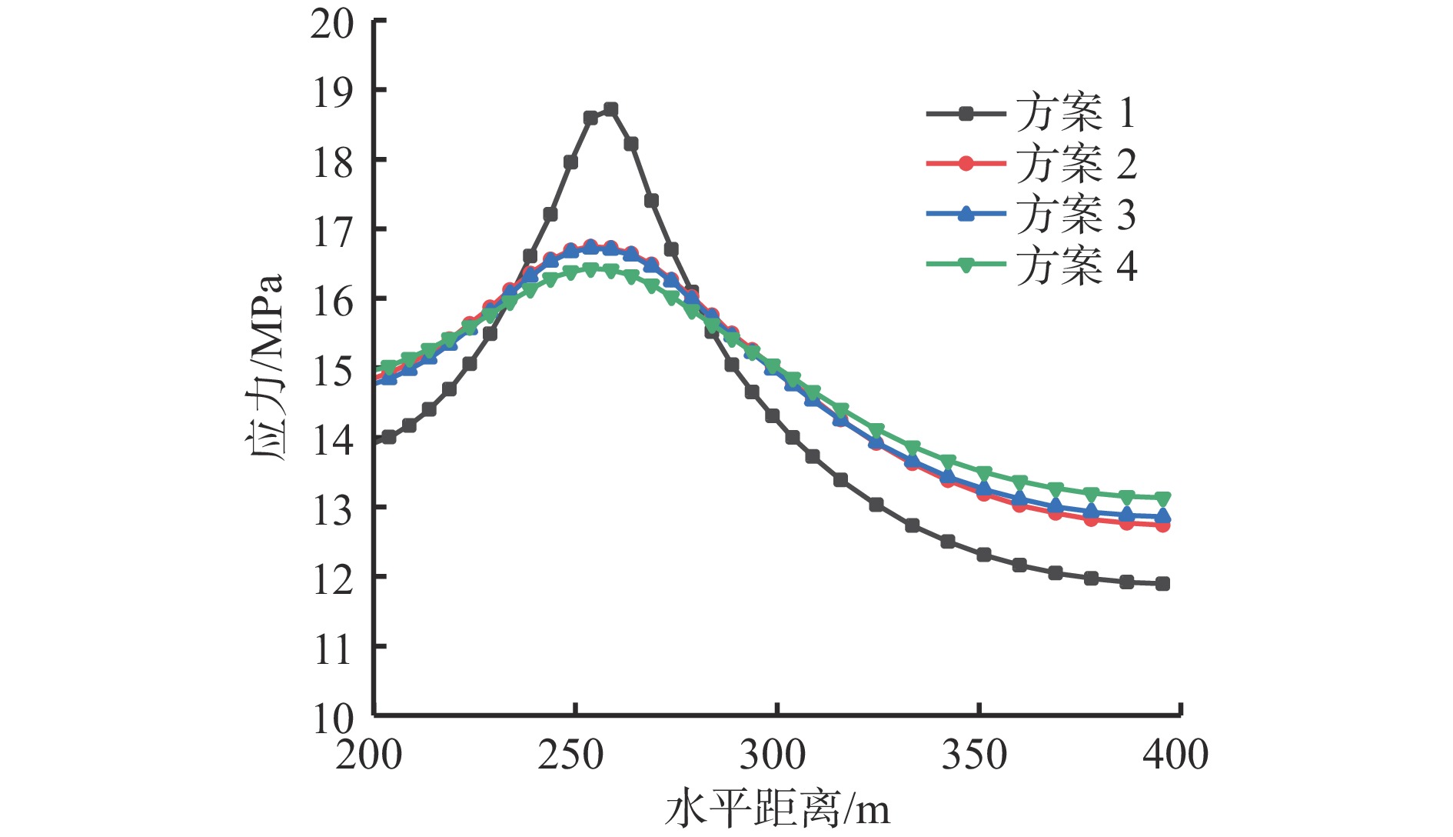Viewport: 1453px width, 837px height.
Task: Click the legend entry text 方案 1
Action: pyautogui.click(x=1076, y=114)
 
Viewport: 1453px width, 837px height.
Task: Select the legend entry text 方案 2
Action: pyautogui.click(x=1076, y=164)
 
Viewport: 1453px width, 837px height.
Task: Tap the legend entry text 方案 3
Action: pyautogui.click(x=1076, y=215)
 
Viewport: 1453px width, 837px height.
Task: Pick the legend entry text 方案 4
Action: pyautogui.click(x=1076, y=266)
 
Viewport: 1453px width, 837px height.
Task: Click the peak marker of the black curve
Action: pyautogui.click(x=610, y=109)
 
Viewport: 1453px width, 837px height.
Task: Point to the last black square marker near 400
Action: pyautogui.click(x=1162, y=584)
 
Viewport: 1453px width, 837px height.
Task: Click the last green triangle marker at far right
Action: pyautogui.click(x=1162, y=499)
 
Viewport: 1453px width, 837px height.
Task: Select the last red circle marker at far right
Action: pyautogui.click(x=1162, y=525)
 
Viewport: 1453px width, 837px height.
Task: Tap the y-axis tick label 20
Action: pyautogui.click(x=332, y=25)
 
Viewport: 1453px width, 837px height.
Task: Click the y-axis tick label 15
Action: pyautogui.click(x=332, y=372)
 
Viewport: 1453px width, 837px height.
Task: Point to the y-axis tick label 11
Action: pyautogui.click(x=332, y=650)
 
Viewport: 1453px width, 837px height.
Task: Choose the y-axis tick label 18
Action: pyautogui.click(x=332, y=163)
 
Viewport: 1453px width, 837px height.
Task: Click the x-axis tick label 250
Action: pyautogui.click(x=570, y=755)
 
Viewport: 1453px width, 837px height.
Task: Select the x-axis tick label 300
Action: pyautogui.click(x=773, y=755)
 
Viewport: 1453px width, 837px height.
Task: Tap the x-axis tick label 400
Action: pyautogui.click(x=1175, y=755)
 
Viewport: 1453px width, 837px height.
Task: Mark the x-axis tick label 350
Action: pyautogui.click(x=974, y=755)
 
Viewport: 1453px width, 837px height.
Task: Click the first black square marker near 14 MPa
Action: pyautogui.click(x=389, y=437)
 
